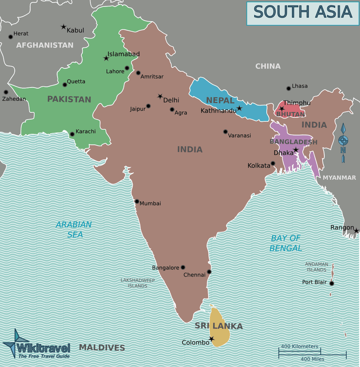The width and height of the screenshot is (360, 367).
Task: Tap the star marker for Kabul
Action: pyautogui.click(x=63, y=27)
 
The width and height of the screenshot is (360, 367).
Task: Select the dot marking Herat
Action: pyautogui.click(x=10, y=37)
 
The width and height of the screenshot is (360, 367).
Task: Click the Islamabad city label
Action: pyautogui.click(x=123, y=54)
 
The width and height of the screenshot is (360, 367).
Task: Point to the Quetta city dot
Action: pyautogui.click(x=65, y=85)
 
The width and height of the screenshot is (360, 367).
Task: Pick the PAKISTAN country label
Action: pyautogui.click(x=69, y=99)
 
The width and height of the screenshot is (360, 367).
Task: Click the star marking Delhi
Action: pyautogui.click(x=160, y=96)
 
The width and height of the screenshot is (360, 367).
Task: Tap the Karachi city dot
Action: pyautogui.click(x=72, y=134)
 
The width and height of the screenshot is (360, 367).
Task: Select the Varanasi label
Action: pyautogui.click(x=239, y=136)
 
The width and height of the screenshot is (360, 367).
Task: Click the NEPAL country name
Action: pyautogui.click(x=220, y=100)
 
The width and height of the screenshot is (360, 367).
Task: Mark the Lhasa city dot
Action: pyautogui.click(x=288, y=88)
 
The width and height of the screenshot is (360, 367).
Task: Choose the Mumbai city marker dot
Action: pyautogui.click(x=137, y=201)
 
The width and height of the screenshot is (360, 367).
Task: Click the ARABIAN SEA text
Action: pyautogui.click(x=74, y=229)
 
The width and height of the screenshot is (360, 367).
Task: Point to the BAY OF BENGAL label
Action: pyautogui.click(x=285, y=243)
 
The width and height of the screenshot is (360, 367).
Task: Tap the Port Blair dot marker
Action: pyautogui.click(x=332, y=283)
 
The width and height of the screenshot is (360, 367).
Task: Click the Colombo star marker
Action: pyautogui.click(x=211, y=339)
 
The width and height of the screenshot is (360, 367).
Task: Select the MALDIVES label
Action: pyautogui.click(x=102, y=348)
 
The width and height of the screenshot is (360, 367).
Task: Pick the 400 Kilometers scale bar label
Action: pyautogui.click(x=300, y=346)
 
